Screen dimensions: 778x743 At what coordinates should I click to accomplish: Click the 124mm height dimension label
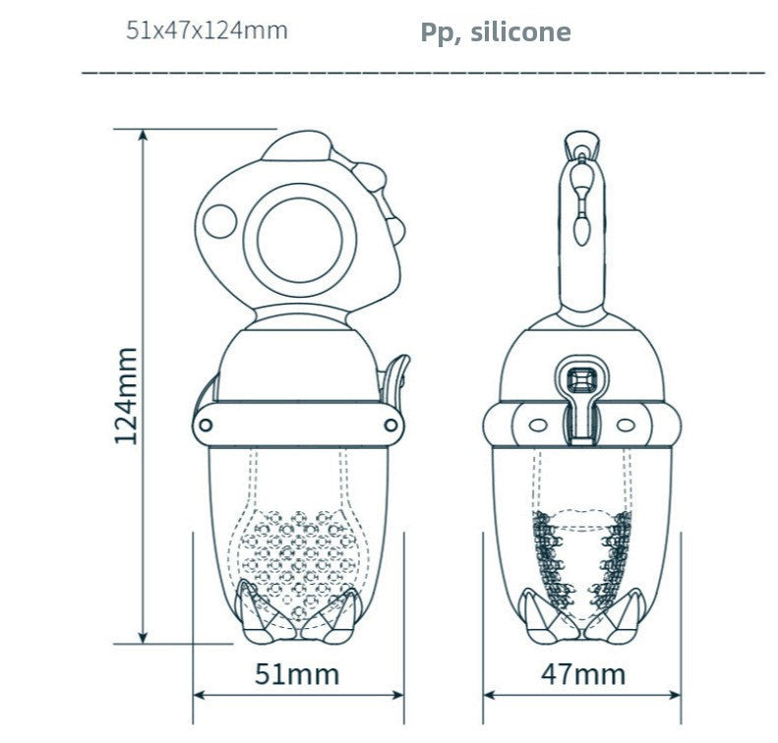tap(126, 396)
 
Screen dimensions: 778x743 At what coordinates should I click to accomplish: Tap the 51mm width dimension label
tap(297, 674)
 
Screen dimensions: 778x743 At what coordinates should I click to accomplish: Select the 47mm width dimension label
tap(583, 674)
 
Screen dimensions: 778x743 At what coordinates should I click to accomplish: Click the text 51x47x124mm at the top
tap(207, 30)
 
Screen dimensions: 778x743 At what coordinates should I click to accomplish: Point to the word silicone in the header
tap(520, 32)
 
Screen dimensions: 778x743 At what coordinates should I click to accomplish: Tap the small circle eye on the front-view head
tap(219, 221)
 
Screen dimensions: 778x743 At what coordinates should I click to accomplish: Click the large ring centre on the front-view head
tap(300, 241)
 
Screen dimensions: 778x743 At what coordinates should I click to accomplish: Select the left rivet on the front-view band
tap(206, 425)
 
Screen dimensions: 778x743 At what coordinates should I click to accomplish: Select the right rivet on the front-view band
tap(391, 425)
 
